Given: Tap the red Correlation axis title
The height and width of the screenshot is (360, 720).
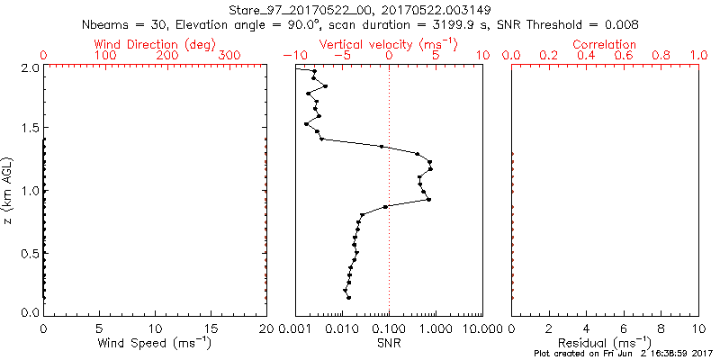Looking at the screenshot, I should tap(604, 44).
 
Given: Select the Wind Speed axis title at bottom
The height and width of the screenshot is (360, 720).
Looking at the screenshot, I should tap(155, 343).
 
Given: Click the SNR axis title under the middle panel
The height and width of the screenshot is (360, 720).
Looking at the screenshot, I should tap(389, 343).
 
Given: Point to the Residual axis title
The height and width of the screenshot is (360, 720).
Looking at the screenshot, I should tap(604, 343).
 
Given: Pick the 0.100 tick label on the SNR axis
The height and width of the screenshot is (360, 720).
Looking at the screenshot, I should tap(389, 329).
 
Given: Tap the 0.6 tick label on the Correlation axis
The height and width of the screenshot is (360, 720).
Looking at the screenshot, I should tap(624, 56).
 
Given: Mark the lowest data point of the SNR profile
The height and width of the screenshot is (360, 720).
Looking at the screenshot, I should tap(348, 298).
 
